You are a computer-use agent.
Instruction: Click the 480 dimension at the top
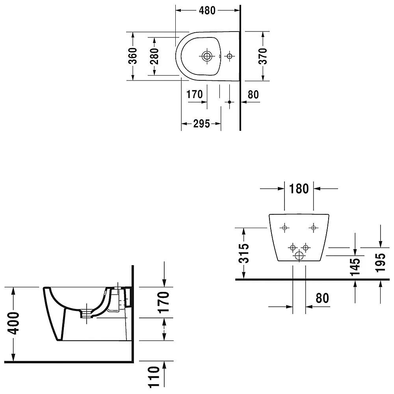coord(207,10)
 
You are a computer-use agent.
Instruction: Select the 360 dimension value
coord(133,56)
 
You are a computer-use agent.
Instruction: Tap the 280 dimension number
coord(154,56)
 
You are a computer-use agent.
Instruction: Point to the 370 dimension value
coord(263,56)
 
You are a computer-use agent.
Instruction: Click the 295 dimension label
coord(201,124)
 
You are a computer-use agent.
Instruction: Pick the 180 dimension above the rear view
coord(299,189)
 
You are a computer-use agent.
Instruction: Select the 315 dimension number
coord(244,253)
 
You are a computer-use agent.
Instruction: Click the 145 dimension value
coord(355,266)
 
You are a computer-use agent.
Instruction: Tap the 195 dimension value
coord(381,262)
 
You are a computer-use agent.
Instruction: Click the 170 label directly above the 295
coord(195,95)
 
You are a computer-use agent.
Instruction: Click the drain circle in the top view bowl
coord(207,56)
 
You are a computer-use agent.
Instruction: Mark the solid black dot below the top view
coord(229,102)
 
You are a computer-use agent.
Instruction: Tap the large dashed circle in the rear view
coord(299,256)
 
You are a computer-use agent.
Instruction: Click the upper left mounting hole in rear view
coord(284,228)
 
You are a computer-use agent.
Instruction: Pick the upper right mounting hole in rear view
coord(313,228)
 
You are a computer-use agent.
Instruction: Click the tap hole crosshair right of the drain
coord(229,56)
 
